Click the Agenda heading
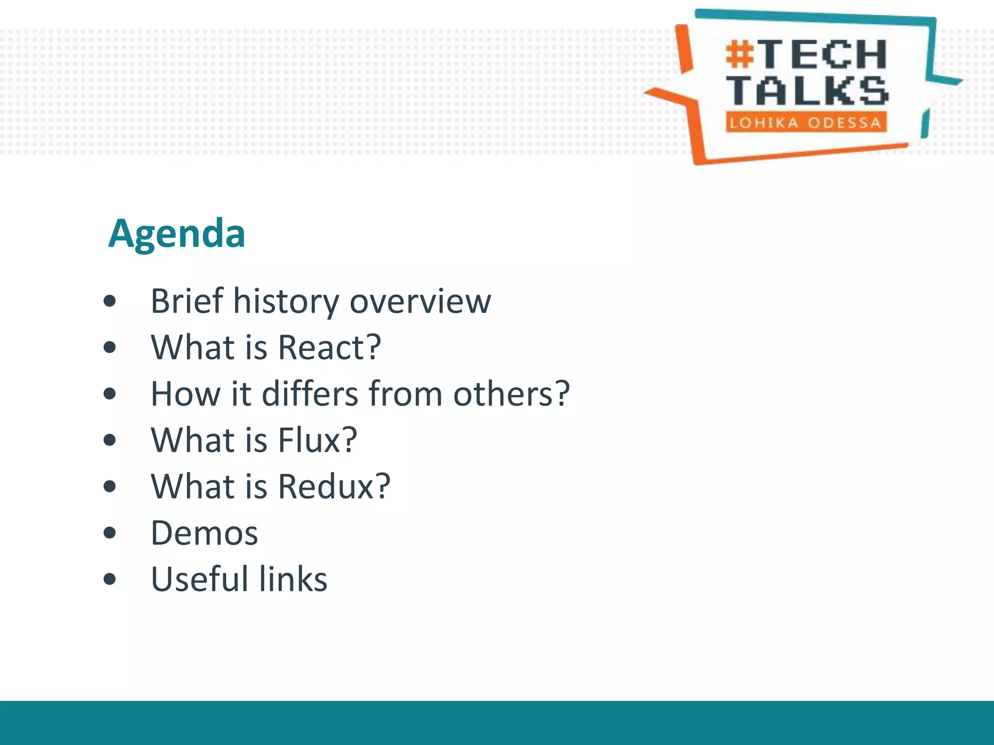click(x=177, y=234)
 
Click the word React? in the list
click(x=330, y=348)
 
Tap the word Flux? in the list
click(x=317, y=440)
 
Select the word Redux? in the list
click(x=334, y=486)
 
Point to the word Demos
click(x=204, y=533)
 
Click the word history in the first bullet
click(x=286, y=302)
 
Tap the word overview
click(x=420, y=302)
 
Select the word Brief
click(x=187, y=302)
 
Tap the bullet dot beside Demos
click(x=110, y=533)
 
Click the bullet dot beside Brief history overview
click(x=110, y=301)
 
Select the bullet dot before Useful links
click(x=110, y=579)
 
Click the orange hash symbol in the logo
click(x=740, y=55)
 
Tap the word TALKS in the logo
click(x=807, y=91)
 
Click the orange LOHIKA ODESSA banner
click(x=806, y=122)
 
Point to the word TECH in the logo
click(x=824, y=54)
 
